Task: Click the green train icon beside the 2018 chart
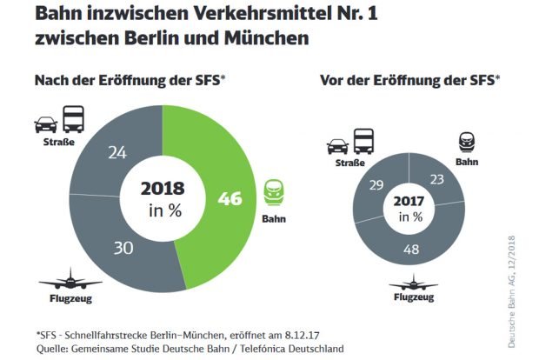(x=273, y=190)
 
